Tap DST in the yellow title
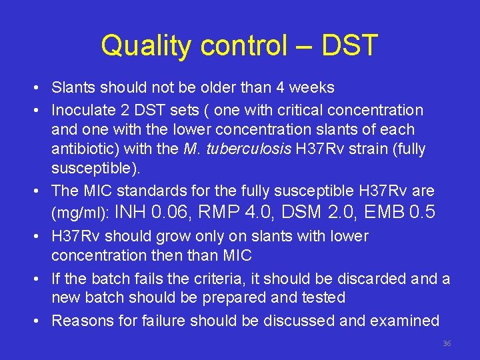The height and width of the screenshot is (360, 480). tap(349, 46)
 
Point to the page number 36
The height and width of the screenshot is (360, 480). tap(447, 343)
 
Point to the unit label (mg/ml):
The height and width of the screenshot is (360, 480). tap(81, 214)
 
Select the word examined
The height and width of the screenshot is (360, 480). tap(405, 321)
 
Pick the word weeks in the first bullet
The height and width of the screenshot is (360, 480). tap(311, 87)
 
